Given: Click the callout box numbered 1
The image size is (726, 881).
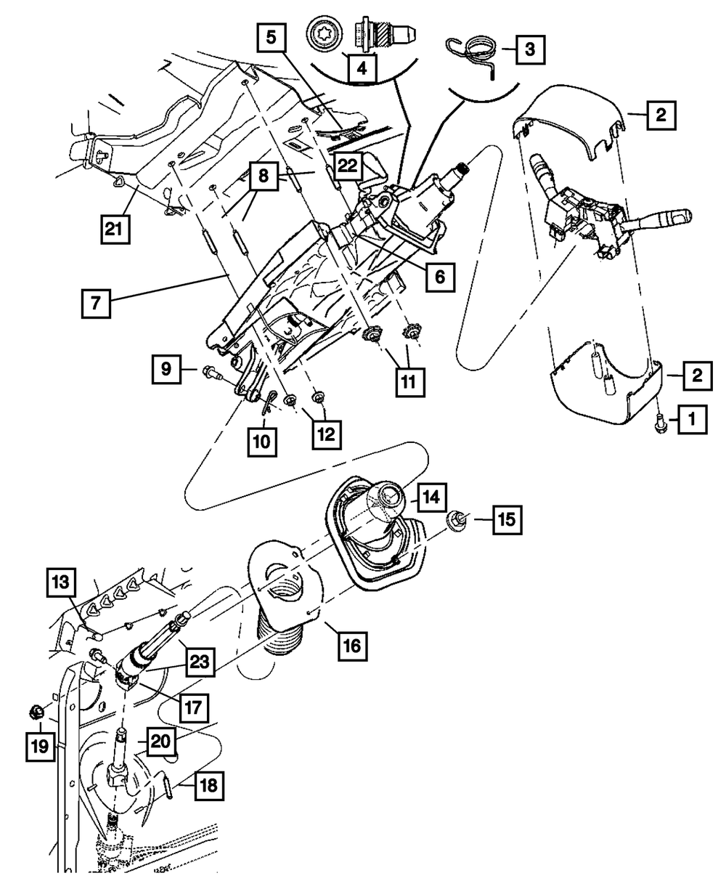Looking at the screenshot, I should point(691,418).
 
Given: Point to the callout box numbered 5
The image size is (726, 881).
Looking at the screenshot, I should point(271,38).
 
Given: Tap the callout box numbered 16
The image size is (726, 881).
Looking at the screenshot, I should point(351,643).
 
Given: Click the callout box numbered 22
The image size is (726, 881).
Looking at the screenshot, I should point(348,166).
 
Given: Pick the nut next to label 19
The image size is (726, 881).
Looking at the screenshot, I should point(34,711).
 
